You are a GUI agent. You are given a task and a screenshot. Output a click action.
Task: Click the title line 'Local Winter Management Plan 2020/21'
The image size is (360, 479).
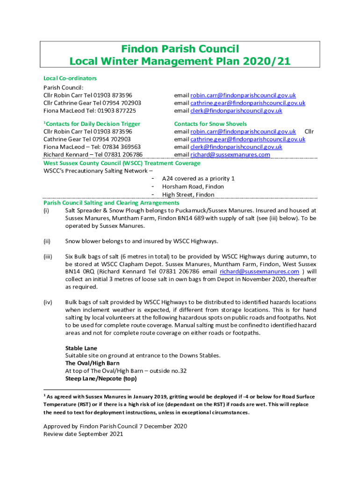click(180, 61)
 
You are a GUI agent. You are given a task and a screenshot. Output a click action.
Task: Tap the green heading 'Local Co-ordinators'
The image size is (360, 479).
click(70, 78)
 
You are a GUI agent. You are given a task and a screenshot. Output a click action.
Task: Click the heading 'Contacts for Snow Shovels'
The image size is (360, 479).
click(210, 124)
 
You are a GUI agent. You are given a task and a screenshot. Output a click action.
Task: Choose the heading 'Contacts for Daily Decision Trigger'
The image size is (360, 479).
click(93, 124)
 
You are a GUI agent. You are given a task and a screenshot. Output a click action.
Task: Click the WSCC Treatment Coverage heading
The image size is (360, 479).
click(122, 163)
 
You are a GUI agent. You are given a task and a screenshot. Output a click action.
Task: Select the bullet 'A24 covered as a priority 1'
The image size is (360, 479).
click(198, 179)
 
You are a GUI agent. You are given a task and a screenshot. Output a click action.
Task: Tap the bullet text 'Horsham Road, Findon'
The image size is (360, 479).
click(193, 187)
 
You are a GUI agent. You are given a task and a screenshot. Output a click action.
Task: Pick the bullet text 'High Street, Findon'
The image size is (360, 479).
click(188, 195)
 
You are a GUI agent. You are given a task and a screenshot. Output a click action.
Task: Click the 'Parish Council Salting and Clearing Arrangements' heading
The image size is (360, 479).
click(111, 203)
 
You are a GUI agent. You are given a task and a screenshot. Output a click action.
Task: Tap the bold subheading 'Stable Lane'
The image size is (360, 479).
click(81, 348)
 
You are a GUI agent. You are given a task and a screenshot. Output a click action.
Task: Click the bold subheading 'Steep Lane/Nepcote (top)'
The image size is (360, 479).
click(101, 378)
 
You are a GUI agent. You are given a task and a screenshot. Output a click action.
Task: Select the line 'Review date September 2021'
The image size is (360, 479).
click(83, 434)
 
